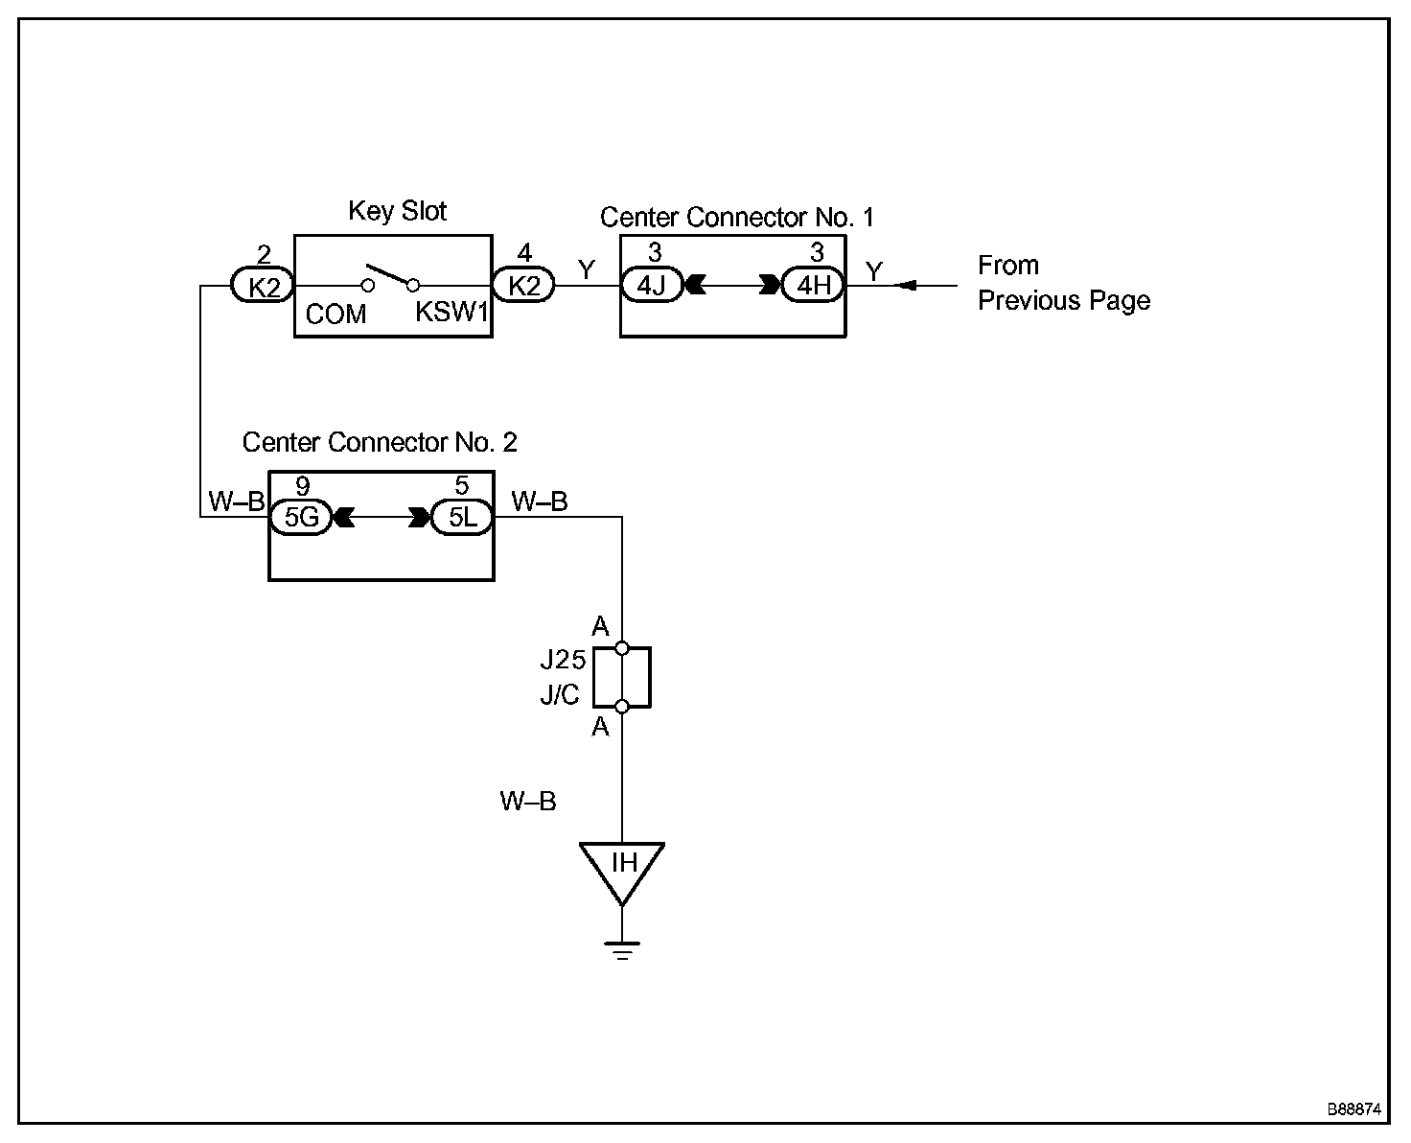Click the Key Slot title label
click(397, 211)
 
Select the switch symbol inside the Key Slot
click(390, 278)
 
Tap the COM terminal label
click(335, 315)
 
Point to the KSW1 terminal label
click(451, 312)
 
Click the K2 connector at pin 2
click(263, 286)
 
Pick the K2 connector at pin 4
click(523, 285)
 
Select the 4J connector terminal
click(652, 285)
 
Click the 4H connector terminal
click(814, 285)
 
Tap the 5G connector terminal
click(301, 517)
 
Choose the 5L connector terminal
click(462, 517)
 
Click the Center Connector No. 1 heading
click(736, 218)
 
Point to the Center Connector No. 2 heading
click(379, 442)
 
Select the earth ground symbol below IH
click(622, 950)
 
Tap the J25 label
click(563, 660)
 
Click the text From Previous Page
click(1064, 283)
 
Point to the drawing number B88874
click(1354, 1108)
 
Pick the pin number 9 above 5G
click(302, 486)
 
